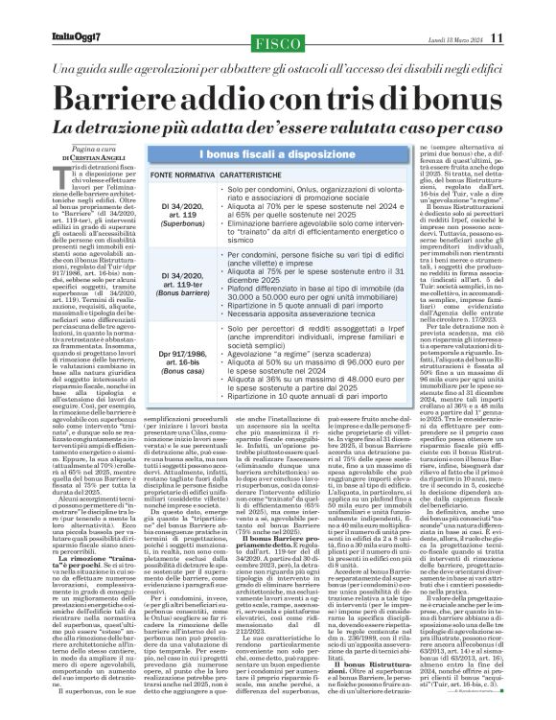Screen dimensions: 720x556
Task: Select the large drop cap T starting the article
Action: coord(66,173)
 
